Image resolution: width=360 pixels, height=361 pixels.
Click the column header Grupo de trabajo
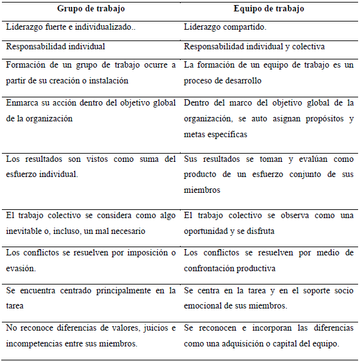point(92,9)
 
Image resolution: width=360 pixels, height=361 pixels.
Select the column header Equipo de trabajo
point(270,9)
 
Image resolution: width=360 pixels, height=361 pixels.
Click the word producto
point(202,174)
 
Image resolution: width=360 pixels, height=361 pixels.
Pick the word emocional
point(206,306)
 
